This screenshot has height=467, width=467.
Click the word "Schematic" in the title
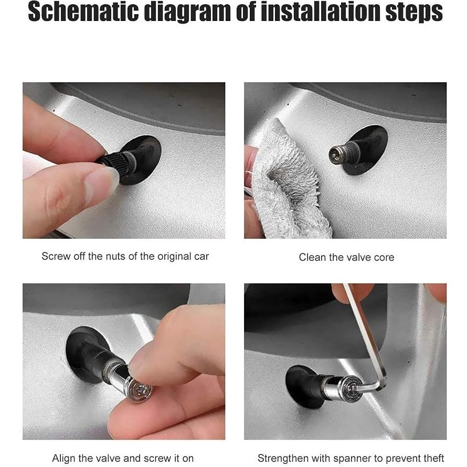point(83,13)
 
